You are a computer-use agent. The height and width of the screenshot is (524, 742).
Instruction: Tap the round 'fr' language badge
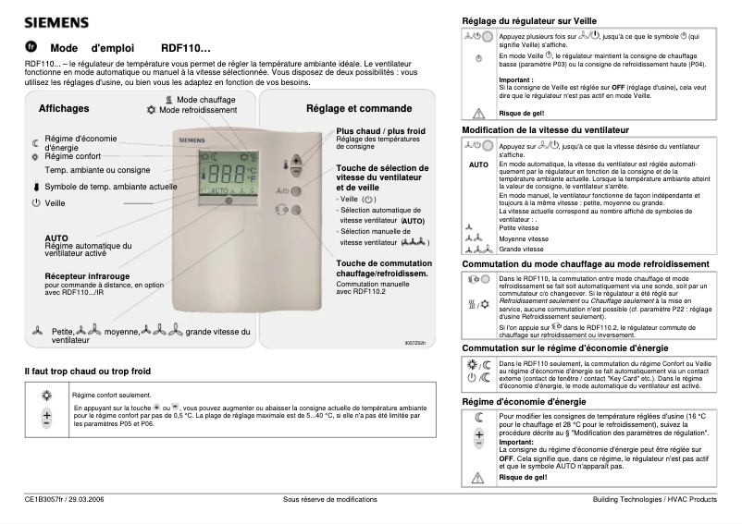click(x=31, y=45)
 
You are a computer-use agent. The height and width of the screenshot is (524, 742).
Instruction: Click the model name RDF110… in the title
click(x=186, y=46)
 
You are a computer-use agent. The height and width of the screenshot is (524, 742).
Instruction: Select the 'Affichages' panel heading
click(x=64, y=108)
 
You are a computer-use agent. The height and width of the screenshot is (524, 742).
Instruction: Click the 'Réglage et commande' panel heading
click(x=346, y=108)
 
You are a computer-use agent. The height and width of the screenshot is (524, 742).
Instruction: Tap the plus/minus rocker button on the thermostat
click(x=296, y=165)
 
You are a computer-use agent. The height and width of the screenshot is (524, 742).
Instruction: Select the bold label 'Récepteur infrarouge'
click(x=89, y=275)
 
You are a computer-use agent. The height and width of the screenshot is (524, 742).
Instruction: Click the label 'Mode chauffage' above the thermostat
click(x=205, y=98)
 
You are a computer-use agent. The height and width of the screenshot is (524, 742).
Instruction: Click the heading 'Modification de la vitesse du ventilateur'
click(x=545, y=130)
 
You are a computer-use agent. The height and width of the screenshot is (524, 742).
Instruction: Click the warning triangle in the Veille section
click(x=478, y=113)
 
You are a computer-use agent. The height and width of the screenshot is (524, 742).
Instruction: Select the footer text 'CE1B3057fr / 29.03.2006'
click(x=64, y=499)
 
